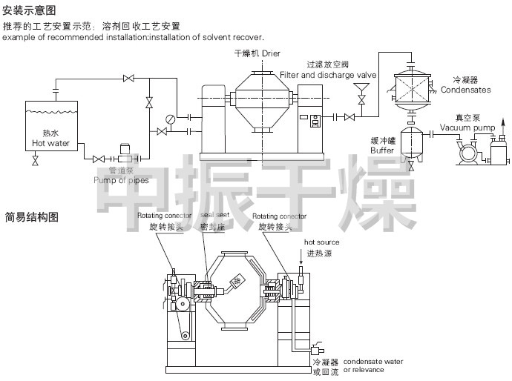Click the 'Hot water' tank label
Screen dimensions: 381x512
tap(50, 143)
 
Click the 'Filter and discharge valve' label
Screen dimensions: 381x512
tap(329, 75)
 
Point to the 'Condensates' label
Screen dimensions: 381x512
tap(465, 89)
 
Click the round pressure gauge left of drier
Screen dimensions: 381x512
tap(171, 118)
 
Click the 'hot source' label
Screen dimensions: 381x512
tap(321, 242)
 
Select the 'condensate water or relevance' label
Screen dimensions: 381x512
tap(373, 365)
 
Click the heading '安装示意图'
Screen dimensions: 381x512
tap(29, 10)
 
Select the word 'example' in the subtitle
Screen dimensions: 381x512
tap(18, 37)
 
